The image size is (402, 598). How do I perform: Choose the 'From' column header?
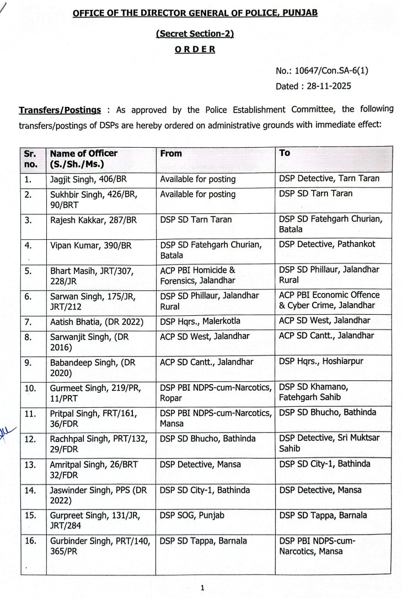pyautogui.click(x=171, y=153)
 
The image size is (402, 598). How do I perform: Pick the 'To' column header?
pyautogui.click(x=285, y=153)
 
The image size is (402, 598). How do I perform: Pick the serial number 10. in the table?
pyautogui.click(x=31, y=387)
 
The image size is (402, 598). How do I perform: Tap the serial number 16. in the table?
pyautogui.click(x=31, y=541)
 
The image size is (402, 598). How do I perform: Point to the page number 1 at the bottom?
pyautogui.click(x=202, y=588)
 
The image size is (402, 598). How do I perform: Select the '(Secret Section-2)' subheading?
pyautogui.click(x=195, y=34)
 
